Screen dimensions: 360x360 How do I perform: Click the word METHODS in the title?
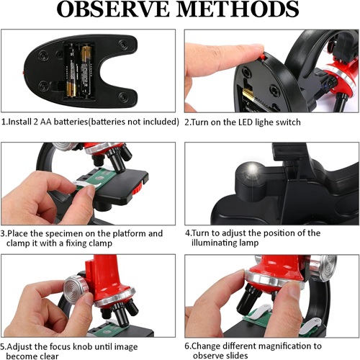point(239,9)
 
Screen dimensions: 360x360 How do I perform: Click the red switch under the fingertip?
point(263,57)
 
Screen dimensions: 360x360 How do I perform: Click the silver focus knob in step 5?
point(76,289)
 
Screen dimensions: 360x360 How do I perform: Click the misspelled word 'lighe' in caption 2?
point(264,122)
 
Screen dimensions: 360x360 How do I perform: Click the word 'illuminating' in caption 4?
point(210,243)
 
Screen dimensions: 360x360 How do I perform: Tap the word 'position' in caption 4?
point(275,233)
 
